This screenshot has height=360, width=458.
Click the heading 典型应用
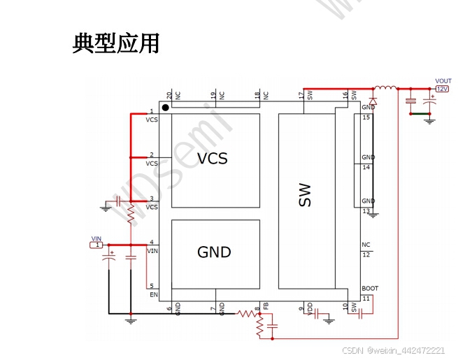pyautogui.click(x=116, y=44)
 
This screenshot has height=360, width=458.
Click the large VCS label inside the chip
pyautogui.click(x=212, y=159)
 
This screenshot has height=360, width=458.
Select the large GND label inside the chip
pyautogui.click(x=214, y=252)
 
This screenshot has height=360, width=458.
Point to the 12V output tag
pyautogui.click(x=442, y=89)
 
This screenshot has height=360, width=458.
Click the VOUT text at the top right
pyautogui.click(x=443, y=81)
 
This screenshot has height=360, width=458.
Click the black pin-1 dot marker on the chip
pyautogui.click(x=166, y=107)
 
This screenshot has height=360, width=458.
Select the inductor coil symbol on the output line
pyautogui.click(x=385, y=88)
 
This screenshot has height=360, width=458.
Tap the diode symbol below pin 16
pyautogui.click(x=372, y=101)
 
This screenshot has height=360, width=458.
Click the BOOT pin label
pyautogui.click(x=370, y=289)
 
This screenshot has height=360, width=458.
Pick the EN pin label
pyautogui.click(x=153, y=295)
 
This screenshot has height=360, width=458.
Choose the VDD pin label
pyautogui.click(x=310, y=308)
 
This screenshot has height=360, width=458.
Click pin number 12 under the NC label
pyautogui.click(x=366, y=254)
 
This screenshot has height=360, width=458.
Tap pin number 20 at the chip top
pyautogui.click(x=169, y=94)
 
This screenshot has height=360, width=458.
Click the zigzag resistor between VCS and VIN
pyautogui.click(x=130, y=216)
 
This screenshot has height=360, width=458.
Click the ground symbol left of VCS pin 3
pyautogui.click(x=106, y=206)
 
